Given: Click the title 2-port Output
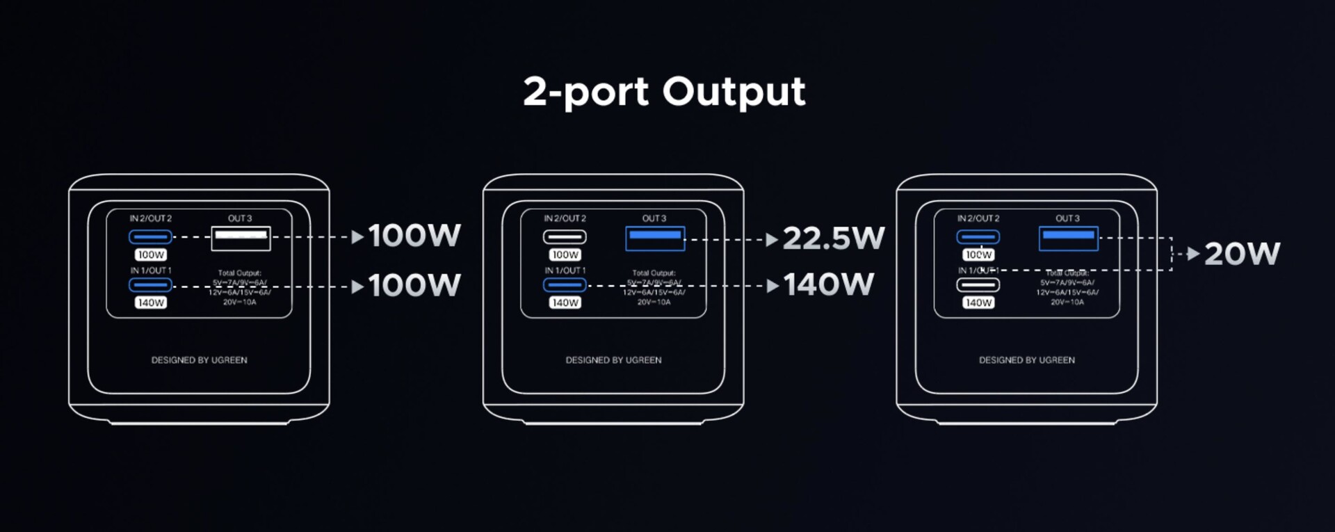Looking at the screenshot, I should click(x=664, y=92).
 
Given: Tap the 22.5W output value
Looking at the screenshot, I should click(x=833, y=239).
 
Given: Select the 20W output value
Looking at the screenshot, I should click(x=1242, y=254).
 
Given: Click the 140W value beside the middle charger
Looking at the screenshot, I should click(x=829, y=284).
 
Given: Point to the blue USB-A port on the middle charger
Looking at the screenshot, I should click(x=655, y=239).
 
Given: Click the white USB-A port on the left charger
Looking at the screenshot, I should click(x=241, y=238).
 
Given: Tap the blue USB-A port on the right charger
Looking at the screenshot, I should click(x=1069, y=239).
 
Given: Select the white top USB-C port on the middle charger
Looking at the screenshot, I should click(x=565, y=237).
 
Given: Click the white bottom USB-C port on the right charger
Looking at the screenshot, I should click(x=978, y=284).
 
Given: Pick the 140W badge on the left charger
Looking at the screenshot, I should click(x=151, y=303).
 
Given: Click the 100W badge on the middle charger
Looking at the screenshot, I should click(x=565, y=255).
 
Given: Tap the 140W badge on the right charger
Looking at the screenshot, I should click(x=978, y=303).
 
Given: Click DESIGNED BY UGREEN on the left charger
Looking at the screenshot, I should click(x=199, y=360).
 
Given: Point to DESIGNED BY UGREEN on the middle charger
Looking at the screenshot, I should click(x=613, y=360).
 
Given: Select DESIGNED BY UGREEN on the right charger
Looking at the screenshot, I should click(x=1027, y=360).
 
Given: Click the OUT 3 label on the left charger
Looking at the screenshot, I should click(x=240, y=218).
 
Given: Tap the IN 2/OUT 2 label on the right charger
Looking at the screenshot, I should click(x=978, y=218).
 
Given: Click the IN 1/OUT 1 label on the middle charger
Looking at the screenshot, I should click(x=565, y=271).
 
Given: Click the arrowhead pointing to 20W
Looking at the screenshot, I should click(x=1193, y=254).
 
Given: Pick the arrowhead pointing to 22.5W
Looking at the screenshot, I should click(x=772, y=240).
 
